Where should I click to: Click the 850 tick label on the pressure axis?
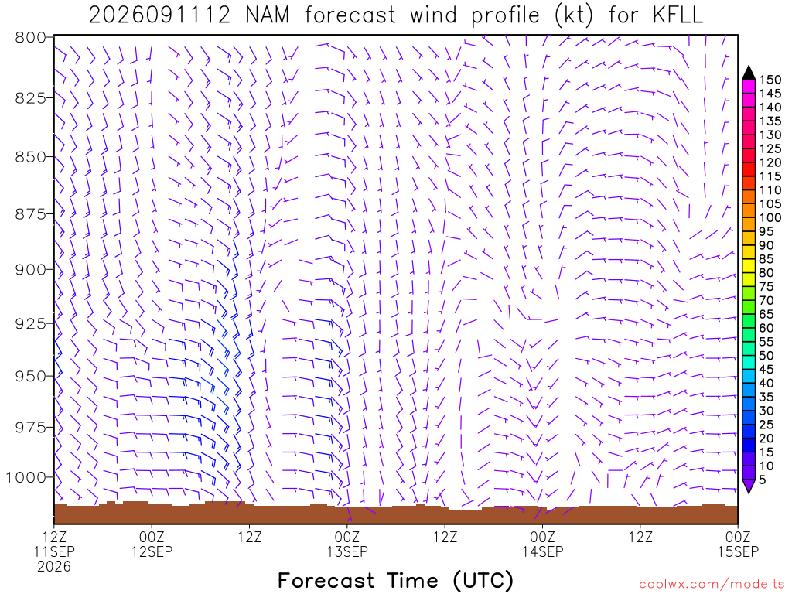(30, 156)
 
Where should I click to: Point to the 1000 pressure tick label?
(26, 477)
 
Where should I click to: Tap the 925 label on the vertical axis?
(30, 324)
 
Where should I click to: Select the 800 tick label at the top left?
(30, 37)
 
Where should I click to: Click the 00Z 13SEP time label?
(347, 544)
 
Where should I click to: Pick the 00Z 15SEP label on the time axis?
(738, 544)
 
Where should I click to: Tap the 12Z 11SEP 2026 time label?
(54, 551)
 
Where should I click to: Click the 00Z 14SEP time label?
(542, 544)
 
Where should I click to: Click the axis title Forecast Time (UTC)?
(395, 581)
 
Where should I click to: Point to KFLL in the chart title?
(678, 15)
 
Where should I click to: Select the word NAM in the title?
(268, 15)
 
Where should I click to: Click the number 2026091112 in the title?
(159, 15)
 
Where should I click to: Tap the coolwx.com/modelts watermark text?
(712, 585)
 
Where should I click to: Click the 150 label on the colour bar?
(770, 80)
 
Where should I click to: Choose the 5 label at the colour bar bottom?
(763, 480)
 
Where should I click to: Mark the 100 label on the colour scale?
(770, 217)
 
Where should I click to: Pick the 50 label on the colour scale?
(766, 356)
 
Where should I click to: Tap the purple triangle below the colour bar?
(749, 486)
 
